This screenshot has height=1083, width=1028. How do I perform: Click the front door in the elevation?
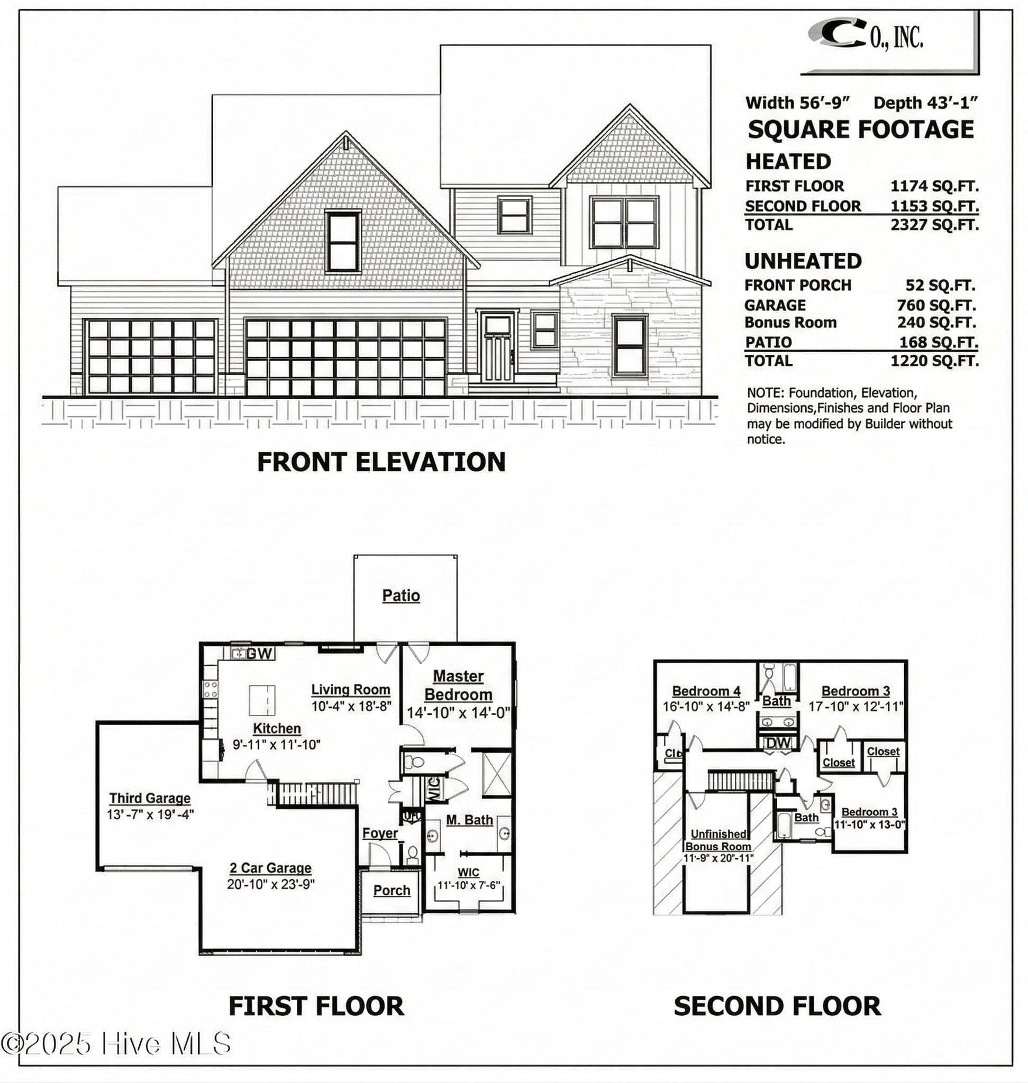click(497, 347)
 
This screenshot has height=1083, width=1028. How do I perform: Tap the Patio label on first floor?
click(401, 595)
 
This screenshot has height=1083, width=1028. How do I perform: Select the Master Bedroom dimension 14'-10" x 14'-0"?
click(458, 713)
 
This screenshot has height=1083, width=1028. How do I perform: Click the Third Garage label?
click(150, 798)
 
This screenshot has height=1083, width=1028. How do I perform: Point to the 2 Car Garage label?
click(270, 868)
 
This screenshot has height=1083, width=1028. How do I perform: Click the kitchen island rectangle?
click(262, 700)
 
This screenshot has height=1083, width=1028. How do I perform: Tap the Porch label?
click(392, 891)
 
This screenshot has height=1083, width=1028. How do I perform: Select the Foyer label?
click(380, 833)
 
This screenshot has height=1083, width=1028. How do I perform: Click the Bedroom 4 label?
click(706, 691)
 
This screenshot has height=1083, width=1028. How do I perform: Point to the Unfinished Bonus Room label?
click(718, 840)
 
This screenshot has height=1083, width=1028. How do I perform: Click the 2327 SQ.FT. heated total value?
click(934, 225)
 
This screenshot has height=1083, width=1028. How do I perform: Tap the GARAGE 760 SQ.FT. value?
click(936, 305)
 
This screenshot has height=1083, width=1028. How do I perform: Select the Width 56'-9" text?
click(797, 103)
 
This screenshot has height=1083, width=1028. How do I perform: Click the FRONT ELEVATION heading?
click(381, 462)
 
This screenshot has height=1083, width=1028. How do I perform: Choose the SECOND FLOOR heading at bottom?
click(777, 1006)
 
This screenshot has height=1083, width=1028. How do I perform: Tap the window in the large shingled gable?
click(343, 242)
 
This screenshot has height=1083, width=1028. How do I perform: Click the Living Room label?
click(351, 690)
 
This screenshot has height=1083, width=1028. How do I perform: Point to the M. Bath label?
click(469, 820)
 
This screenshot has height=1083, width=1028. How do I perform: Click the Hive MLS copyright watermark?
click(116, 1043)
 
